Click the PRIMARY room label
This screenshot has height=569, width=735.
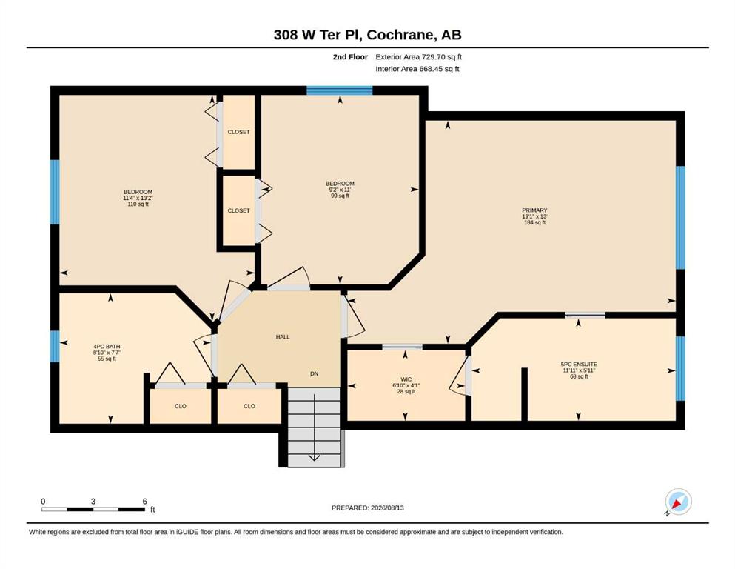point(534,210)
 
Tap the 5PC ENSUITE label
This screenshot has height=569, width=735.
point(579,364)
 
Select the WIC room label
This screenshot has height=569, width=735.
point(406,379)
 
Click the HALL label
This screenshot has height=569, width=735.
point(283,337)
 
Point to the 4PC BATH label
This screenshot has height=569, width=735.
point(107,347)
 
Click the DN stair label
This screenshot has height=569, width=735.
point(314,374)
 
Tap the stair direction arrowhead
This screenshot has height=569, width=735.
point(314,458)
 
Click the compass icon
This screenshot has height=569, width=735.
point(678,502)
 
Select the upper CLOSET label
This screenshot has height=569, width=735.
point(238,133)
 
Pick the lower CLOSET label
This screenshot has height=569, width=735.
point(238,211)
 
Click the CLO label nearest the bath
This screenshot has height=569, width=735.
point(181,406)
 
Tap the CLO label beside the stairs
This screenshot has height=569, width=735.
point(249,406)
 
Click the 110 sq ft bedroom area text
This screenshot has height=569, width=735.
point(138,204)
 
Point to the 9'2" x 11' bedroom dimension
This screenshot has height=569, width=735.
point(340,190)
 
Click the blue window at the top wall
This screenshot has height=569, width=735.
point(340,90)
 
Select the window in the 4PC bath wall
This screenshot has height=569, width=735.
point(56,347)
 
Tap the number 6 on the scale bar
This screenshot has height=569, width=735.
point(145,502)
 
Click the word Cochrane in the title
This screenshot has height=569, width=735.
point(400,35)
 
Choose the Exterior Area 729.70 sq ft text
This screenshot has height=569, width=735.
point(419,57)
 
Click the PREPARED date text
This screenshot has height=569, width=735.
point(367,508)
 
